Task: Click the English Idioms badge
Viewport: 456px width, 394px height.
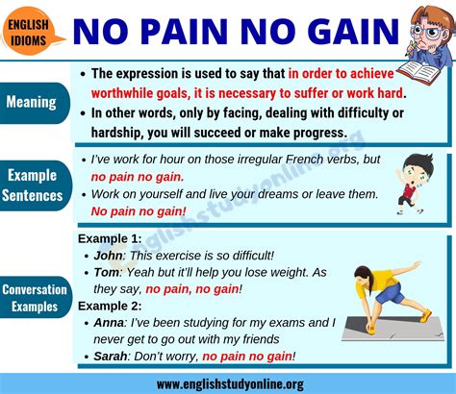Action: click(30, 31)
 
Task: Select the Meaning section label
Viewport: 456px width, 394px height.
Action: click(34, 101)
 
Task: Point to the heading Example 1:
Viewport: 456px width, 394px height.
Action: click(110, 239)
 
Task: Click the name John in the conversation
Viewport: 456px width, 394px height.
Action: click(110, 256)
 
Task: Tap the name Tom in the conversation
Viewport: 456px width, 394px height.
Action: click(108, 272)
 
